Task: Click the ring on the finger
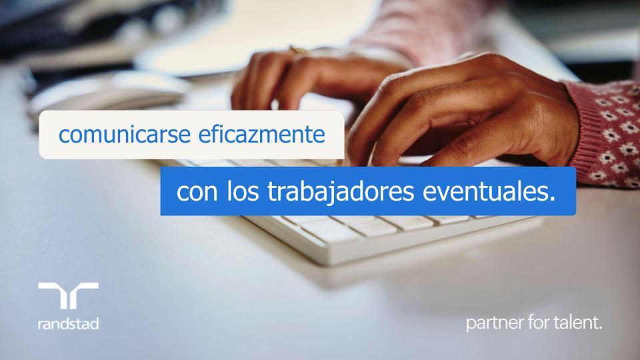[297, 49]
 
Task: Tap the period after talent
[601, 329]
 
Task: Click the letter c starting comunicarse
[63, 137]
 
